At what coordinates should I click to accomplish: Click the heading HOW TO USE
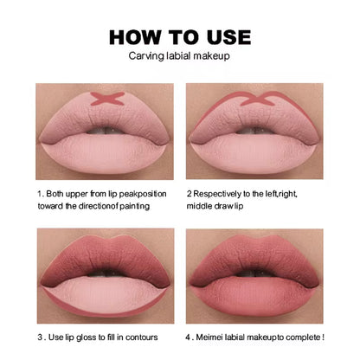tap(180, 37)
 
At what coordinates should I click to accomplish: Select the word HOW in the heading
tap(133, 37)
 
